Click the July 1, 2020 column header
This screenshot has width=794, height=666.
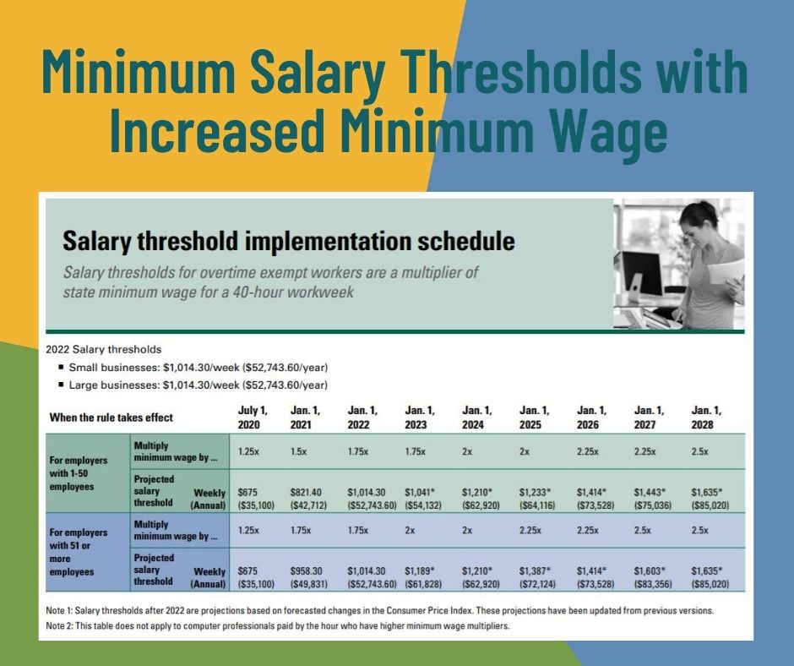click(x=253, y=418)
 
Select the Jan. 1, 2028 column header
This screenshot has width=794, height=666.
click(x=706, y=418)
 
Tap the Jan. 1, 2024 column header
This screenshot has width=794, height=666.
click(x=476, y=418)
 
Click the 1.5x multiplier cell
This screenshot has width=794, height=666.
click(x=299, y=451)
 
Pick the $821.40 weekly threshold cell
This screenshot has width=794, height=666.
click(x=306, y=492)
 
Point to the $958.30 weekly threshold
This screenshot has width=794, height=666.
click(x=307, y=570)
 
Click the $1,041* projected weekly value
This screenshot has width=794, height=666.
click(x=420, y=492)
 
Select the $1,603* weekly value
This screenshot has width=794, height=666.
click(x=650, y=570)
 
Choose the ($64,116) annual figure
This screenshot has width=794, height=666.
click(x=537, y=505)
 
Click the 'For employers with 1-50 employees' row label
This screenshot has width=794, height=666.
click(x=79, y=473)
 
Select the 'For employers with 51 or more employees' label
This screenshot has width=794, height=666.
click(x=79, y=552)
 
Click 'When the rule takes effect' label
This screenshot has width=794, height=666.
click(x=111, y=418)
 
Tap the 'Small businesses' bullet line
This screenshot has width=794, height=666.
click(x=193, y=367)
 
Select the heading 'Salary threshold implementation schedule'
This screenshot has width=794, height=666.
click(x=289, y=241)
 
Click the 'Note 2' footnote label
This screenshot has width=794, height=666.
click(x=59, y=626)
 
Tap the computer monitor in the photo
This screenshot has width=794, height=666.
click(x=642, y=274)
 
